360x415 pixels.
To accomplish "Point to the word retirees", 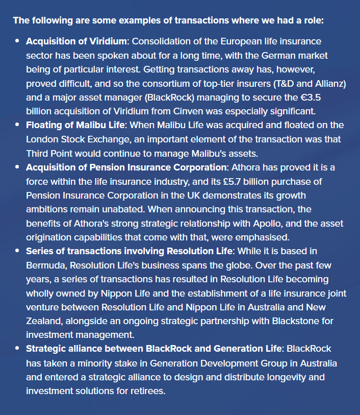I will pyautogui.click(x=149, y=390).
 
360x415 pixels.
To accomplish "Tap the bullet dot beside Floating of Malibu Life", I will pyautogui.click(x=17, y=125).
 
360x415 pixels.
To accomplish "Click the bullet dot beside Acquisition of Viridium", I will pyautogui.click(x=17, y=41).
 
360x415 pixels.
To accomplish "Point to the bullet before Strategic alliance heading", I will pyautogui.click(x=17, y=349).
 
